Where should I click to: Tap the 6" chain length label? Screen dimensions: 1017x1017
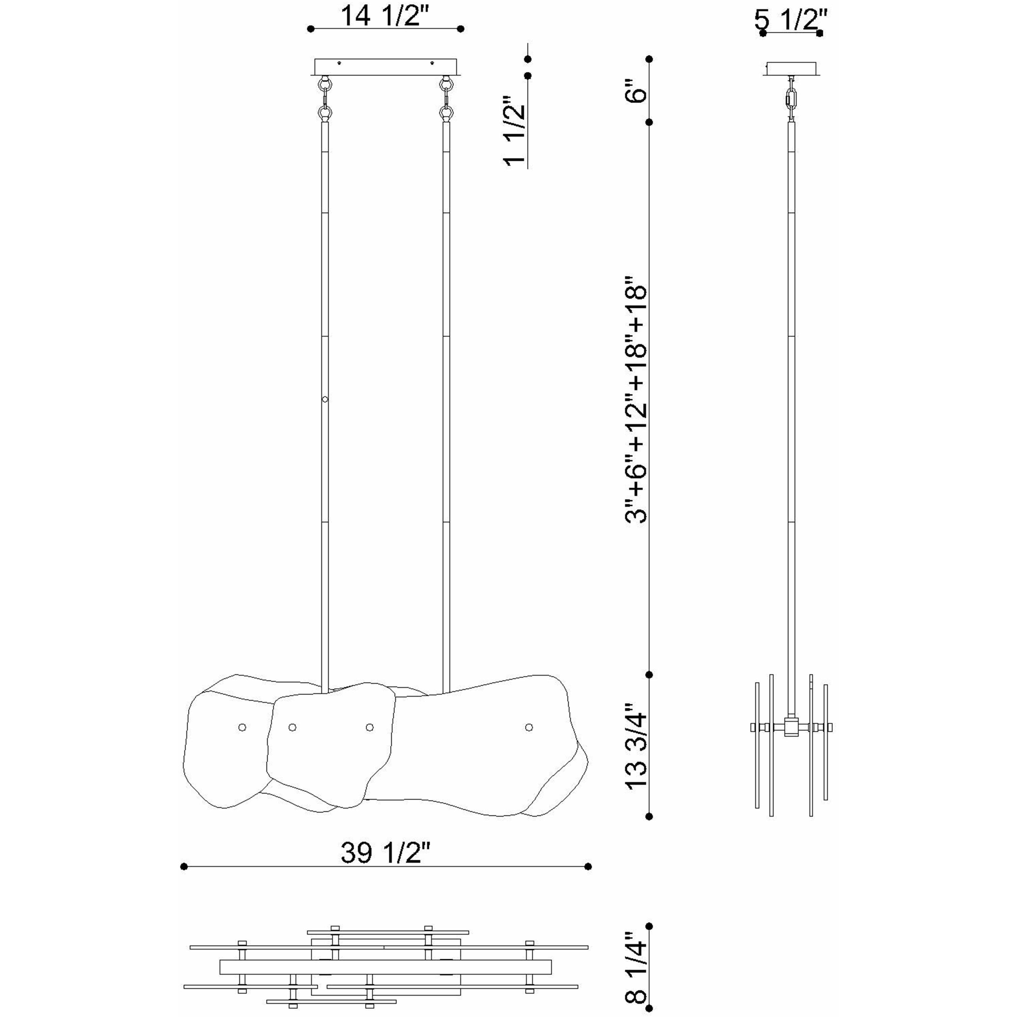click(x=636, y=91)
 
